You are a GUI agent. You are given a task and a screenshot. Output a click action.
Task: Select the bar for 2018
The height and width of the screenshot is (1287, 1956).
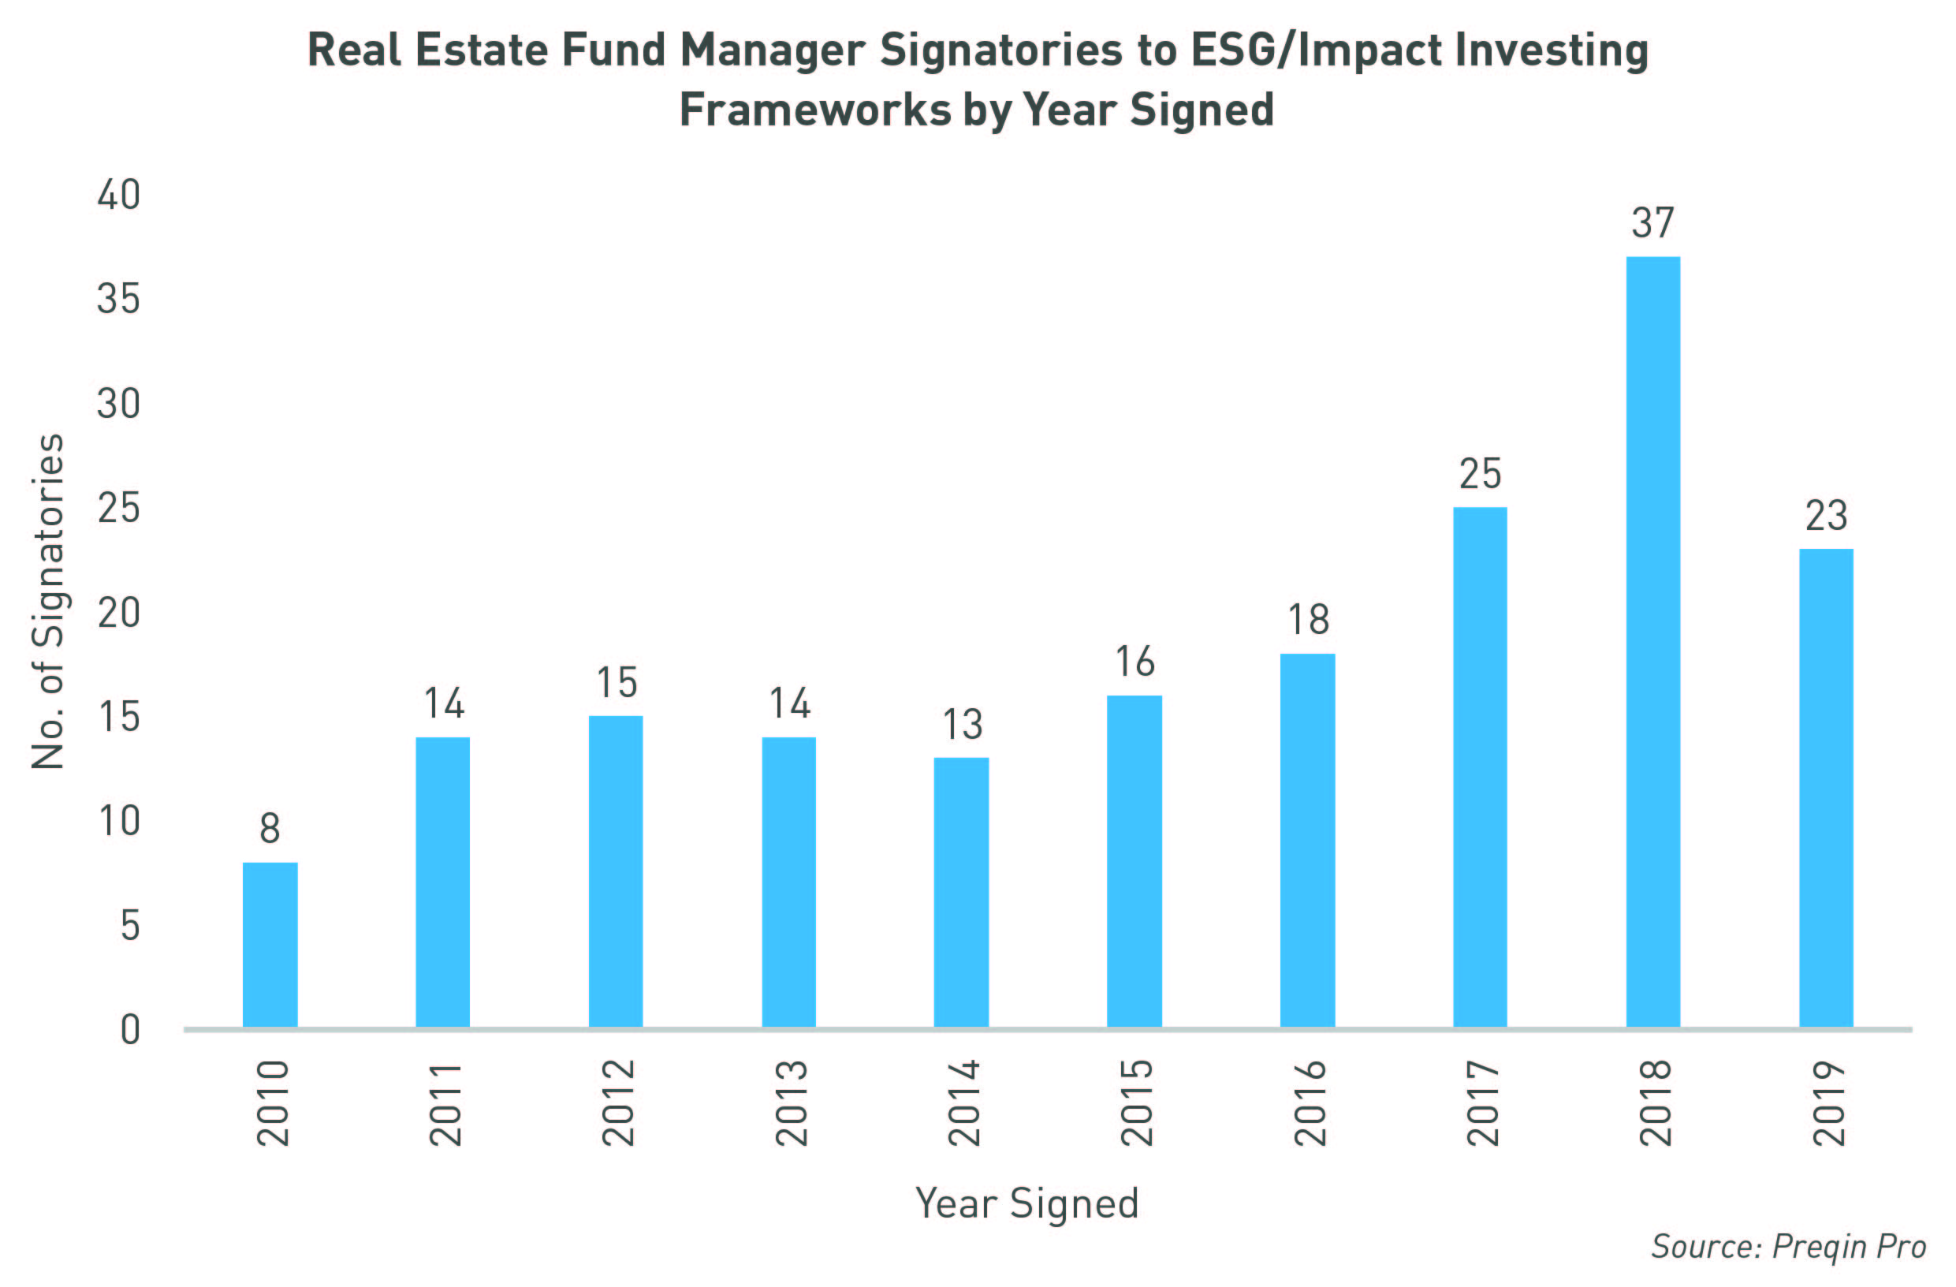tap(1652, 642)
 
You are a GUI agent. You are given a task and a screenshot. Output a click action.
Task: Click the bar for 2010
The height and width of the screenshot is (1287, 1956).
tap(270, 944)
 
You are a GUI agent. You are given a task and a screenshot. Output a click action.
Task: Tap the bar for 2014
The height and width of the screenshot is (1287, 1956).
tap(961, 892)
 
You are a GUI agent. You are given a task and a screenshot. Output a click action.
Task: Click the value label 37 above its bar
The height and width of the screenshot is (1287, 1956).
tap(1652, 222)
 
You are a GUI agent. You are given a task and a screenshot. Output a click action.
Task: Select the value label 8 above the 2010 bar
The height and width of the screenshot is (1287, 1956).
tap(270, 827)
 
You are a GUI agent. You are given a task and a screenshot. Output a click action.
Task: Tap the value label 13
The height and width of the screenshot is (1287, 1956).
tap(962, 724)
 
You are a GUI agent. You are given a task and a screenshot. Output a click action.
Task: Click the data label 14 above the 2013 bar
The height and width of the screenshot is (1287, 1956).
tap(789, 703)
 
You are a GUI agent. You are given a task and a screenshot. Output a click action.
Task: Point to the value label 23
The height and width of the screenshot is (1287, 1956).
tap(1826, 515)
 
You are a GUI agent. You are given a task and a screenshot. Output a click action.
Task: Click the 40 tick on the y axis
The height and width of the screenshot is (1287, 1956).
tap(118, 195)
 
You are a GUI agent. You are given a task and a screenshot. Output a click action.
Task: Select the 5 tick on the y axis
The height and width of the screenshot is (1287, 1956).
tap(130, 925)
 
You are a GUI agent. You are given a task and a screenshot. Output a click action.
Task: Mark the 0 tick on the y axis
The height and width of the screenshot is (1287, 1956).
tap(130, 1030)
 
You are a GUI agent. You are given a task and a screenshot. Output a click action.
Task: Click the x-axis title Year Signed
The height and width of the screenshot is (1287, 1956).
tap(1026, 1203)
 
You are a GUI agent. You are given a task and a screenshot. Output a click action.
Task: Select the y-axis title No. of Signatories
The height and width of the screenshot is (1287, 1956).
tap(47, 602)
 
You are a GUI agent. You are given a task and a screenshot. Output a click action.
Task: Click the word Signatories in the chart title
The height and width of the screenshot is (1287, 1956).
tap(1000, 51)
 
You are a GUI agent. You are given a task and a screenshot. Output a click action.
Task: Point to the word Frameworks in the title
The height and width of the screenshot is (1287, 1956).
tap(815, 110)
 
